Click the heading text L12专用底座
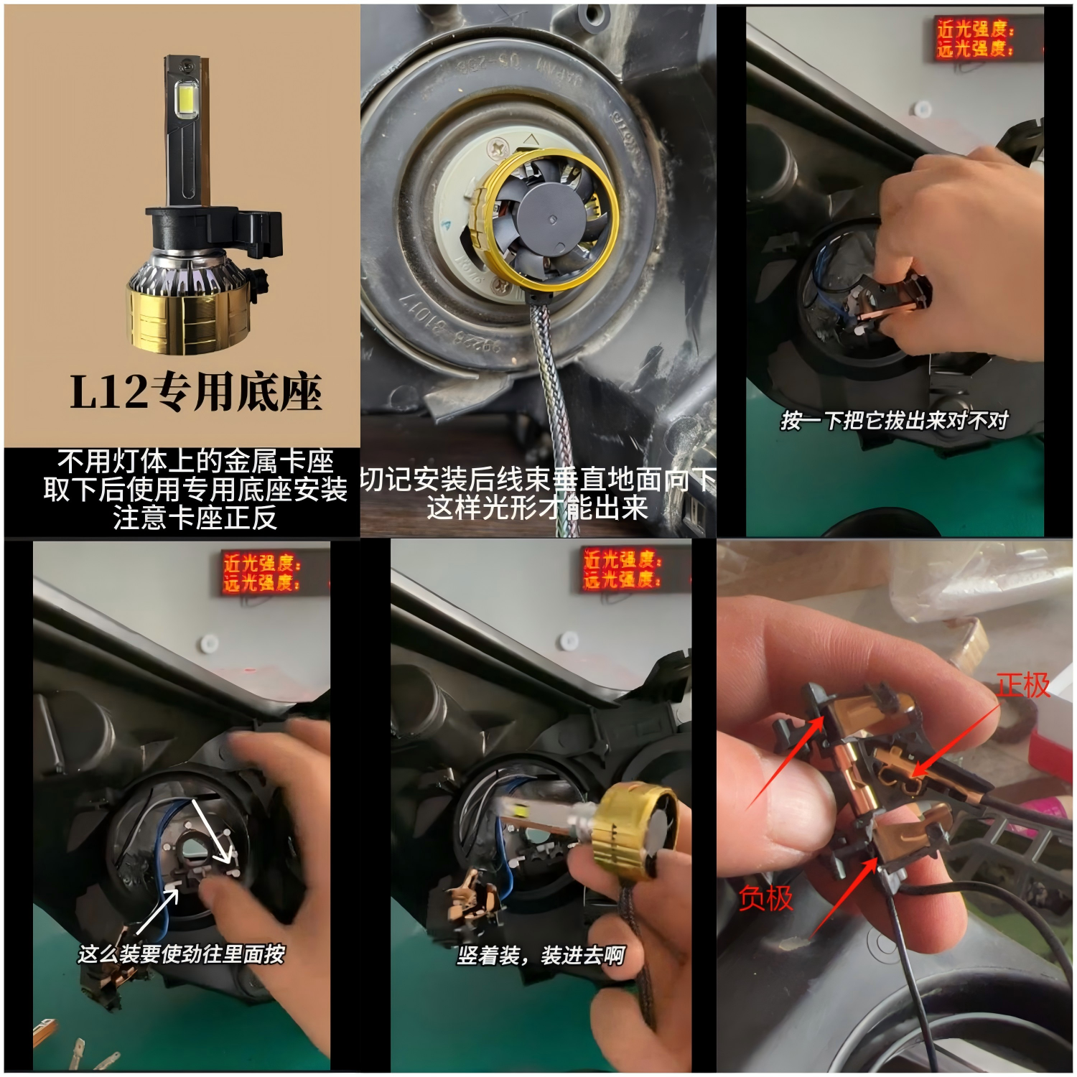click(195, 393)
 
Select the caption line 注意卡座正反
click(195, 518)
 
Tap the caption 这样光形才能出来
click(537, 508)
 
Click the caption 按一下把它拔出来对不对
click(895, 420)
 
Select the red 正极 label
click(1023, 685)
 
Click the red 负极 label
click(765, 898)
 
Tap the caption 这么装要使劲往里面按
click(182, 954)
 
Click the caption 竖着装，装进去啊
click(541, 956)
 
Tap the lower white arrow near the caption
click(158, 912)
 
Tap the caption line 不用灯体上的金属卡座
click(195, 461)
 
